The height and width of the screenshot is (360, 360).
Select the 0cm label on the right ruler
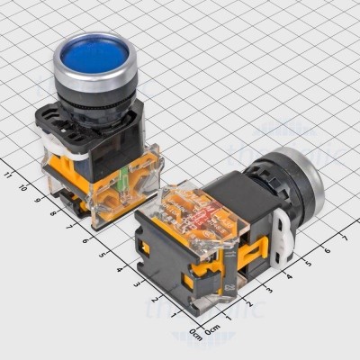[x=215, y=332]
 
